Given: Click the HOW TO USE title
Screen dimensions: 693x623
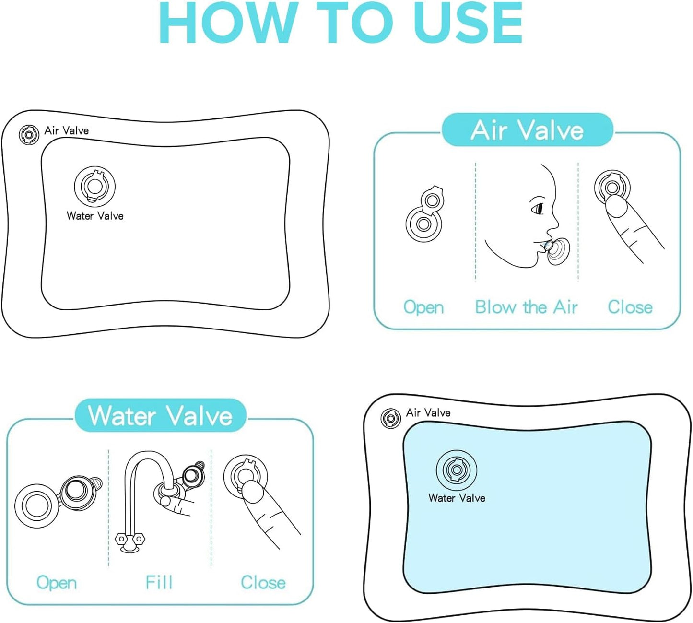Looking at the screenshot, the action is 341,23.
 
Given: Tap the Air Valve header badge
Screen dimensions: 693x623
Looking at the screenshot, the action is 528,130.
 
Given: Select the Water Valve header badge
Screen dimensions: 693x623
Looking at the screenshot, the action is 160,415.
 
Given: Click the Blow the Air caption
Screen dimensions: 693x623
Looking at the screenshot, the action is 526,307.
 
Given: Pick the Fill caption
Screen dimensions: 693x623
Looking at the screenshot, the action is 159,582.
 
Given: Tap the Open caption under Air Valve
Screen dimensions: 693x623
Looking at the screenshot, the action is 423,307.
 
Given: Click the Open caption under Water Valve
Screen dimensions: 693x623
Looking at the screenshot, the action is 57,583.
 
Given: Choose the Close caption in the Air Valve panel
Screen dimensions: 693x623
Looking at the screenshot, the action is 630,307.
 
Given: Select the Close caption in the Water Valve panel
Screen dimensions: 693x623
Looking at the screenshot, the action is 263,582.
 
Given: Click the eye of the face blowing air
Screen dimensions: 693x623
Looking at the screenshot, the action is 538,208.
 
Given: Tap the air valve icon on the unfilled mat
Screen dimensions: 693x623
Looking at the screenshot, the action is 29,134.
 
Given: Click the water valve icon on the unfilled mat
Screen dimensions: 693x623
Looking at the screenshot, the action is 94,186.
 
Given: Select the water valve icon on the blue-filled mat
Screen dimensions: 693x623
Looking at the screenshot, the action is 457,470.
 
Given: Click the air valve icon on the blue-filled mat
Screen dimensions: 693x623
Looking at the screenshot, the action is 390,418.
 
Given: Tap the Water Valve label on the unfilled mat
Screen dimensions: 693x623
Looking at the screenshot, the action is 95,216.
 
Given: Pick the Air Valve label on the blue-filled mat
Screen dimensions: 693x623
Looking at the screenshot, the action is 428,412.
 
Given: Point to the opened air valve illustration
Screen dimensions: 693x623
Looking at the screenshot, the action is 424,213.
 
